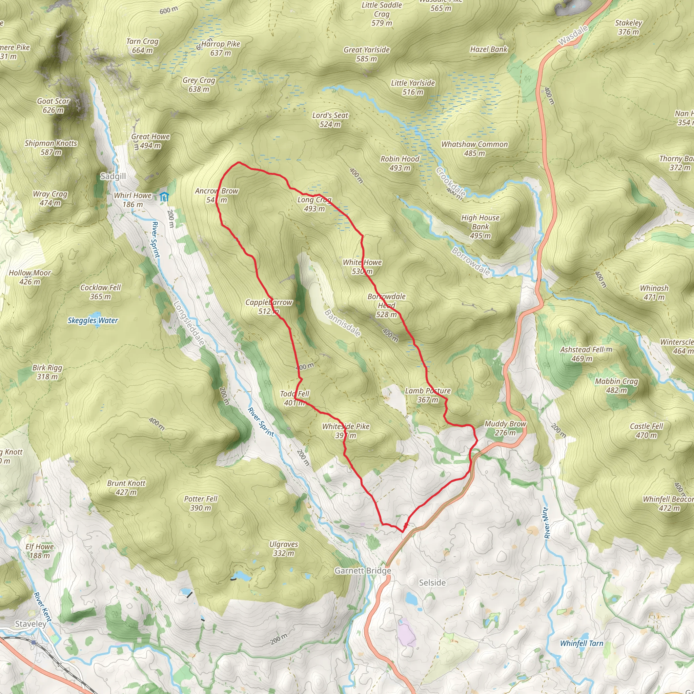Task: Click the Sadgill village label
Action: [113, 176]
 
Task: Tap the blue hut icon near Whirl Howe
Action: [164, 197]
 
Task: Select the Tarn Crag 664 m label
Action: [142, 46]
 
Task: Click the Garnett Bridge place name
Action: [363, 571]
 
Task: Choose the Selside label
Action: [432, 583]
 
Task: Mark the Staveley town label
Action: [30, 624]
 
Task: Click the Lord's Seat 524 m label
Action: [330, 120]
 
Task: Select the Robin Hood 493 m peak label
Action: [400, 163]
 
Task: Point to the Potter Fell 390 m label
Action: [201, 503]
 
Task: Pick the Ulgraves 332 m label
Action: [283, 549]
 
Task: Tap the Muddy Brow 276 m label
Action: [505, 428]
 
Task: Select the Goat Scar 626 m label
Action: [53, 106]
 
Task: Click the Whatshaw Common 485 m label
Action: [474, 149]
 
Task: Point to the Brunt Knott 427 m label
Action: [126, 487]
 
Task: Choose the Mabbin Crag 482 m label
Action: [616, 385]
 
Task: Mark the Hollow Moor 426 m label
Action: [30, 277]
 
